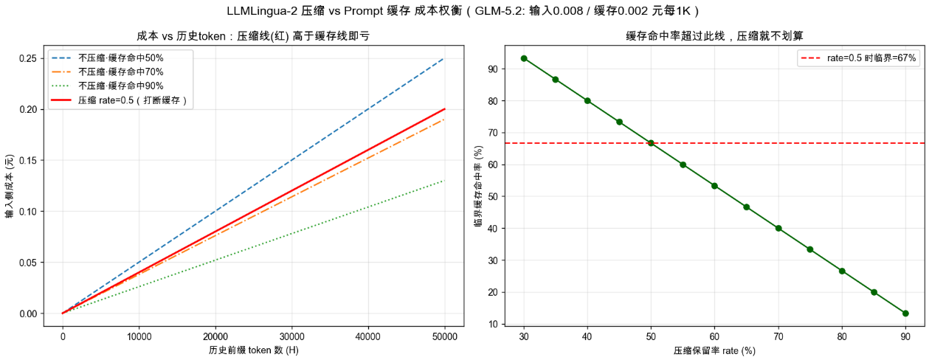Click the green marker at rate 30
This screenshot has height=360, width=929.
coord(524,58)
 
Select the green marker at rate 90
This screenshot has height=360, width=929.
coord(905,314)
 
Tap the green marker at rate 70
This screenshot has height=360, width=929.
coord(778,229)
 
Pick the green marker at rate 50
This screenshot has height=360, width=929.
coord(651,143)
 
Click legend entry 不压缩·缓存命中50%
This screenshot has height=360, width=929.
coord(108,58)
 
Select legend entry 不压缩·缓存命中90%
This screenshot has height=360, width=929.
coord(108,86)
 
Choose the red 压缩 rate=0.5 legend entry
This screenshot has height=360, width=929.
coord(119,100)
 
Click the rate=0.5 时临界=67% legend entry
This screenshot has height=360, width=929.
coord(858,58)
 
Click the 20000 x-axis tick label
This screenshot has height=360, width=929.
coord(215,336)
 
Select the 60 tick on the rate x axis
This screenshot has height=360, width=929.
coord(714,336)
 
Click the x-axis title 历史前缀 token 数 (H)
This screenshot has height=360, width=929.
coord(254,350)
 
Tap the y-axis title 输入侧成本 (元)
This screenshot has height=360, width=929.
coord(10,186)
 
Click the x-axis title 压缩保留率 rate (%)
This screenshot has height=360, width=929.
coord(714,351)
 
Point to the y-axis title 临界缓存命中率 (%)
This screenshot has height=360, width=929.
coord(479,186)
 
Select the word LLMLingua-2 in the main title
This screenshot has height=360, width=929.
coord(261,11)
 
